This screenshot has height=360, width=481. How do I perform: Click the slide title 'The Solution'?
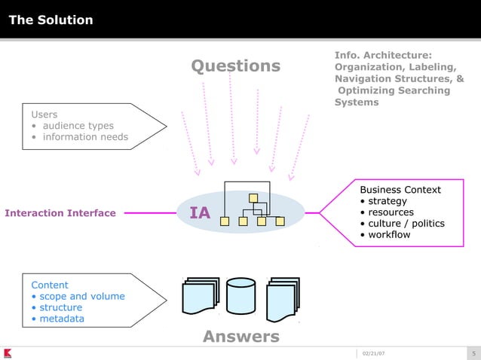coord(51,20)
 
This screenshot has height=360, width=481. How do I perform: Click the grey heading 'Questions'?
coord(235,66)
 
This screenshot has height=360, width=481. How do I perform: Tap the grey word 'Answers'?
coord(241,336)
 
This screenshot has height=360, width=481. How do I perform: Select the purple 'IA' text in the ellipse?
coord(200,214)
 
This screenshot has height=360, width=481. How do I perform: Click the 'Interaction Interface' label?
coord(60,213)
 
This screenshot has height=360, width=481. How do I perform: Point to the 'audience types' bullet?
coord(78,126)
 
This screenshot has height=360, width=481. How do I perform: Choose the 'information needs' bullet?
coord(84,137)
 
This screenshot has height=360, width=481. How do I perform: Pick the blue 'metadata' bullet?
coord(62,319)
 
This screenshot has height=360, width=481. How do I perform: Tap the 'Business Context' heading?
coord(400,190)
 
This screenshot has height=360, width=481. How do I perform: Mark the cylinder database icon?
coord(241,297)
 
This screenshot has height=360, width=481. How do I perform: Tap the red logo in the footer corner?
coord(7,353)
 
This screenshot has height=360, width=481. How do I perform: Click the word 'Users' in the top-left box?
coord(44,114)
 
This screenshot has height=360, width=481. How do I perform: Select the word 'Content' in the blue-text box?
coord(50,285)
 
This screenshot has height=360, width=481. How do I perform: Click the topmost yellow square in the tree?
coord(253,198)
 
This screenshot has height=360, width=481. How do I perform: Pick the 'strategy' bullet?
coord(387,201)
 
